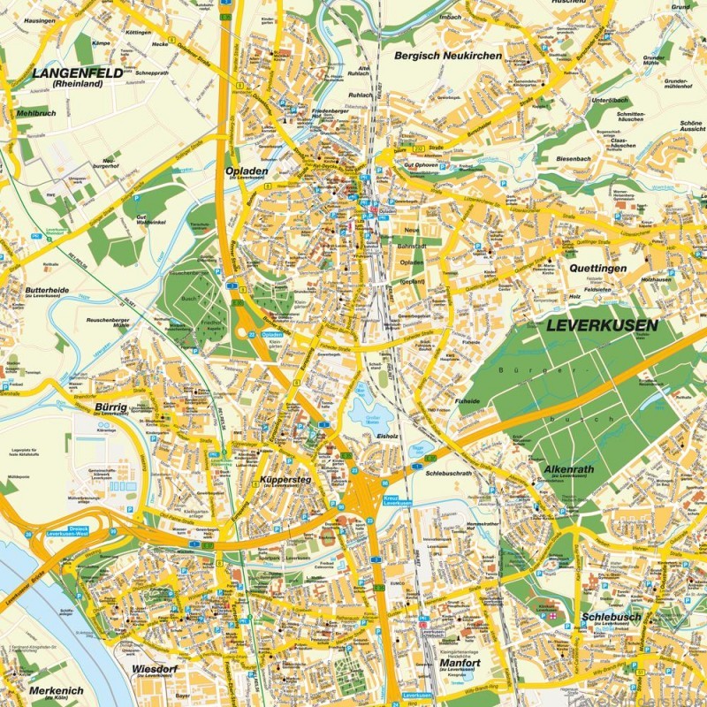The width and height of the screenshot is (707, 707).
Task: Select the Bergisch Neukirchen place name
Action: pyautogui.click(x=448, y=56)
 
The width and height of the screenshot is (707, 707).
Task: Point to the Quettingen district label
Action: pyautogui.click(x=597, y=268)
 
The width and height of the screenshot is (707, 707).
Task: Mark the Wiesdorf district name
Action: pyautogui.click(x=154, y=670)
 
